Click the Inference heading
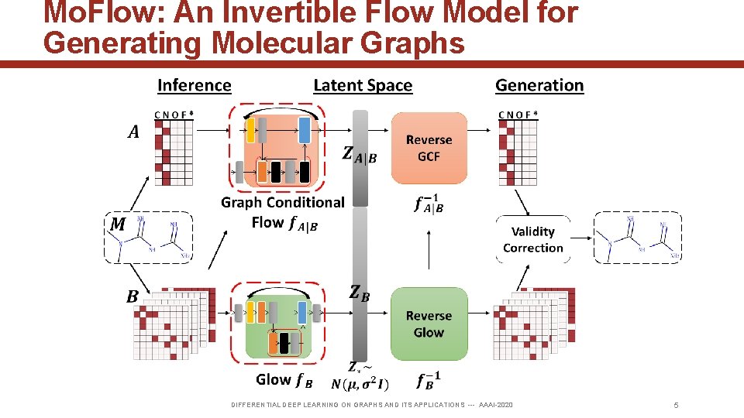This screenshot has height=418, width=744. click(194, 85)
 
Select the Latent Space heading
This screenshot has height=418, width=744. click(363, 85)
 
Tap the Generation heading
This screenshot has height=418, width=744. click(539, 85)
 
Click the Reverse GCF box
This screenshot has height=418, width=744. click(429, 148)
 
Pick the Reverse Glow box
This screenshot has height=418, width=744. click(429, 324)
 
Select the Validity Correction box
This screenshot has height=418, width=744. click(532, 239)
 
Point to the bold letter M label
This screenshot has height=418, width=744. click(118, 224)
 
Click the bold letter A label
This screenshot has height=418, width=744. click(133, 132)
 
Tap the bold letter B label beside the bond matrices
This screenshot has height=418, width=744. click(133, 296)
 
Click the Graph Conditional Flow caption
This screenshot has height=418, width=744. click(283, 212)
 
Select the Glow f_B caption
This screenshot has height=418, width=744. click(284, 379)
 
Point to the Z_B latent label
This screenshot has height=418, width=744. click(359, 293)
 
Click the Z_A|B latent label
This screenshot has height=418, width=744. click(359, 156)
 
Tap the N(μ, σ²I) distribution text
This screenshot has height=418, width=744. click(360, 384)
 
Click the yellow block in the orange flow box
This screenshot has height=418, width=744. click(250, 130)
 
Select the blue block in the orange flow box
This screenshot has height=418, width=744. click(304, 130)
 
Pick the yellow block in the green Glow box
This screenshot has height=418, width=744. click(250, 312)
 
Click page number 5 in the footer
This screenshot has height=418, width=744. click(676, 405)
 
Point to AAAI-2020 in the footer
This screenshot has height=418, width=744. click(496, 405)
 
